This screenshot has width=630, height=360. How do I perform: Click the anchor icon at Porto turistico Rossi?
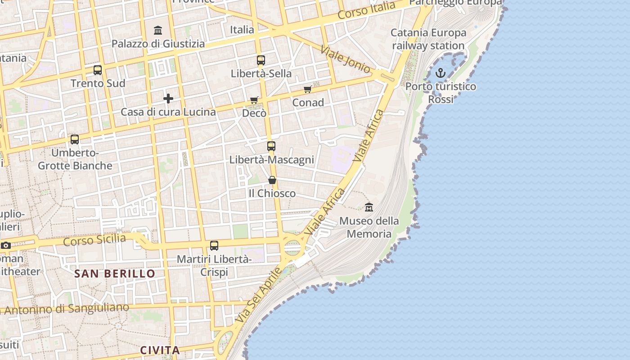point(441,72)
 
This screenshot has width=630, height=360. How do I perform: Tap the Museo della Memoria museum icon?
point(369,207)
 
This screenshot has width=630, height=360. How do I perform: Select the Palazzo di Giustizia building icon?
point(158,31)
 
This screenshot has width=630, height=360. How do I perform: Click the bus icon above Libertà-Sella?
point(261,60)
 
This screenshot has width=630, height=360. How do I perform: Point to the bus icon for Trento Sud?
point(98,70)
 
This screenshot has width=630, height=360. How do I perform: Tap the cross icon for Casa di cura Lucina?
point(168,99)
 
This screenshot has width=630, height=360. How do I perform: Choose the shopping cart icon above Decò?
point(254,100)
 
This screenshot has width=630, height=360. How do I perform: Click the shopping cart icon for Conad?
point(308,90)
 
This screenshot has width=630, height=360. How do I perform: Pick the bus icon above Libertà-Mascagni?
point(271,146)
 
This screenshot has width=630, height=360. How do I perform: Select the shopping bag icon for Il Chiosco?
point(272,180)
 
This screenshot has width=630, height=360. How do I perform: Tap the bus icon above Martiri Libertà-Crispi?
point(214,246)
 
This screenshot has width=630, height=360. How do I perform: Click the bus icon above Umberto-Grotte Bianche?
point(75,139)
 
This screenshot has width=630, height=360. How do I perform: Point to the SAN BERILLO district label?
point(115,274)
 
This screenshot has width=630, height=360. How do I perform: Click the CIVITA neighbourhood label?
point(160,350)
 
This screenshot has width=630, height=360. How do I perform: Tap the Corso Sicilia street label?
point(94,239)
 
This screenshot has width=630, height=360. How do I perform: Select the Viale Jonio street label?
point(346,59)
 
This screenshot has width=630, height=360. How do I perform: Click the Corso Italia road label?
point(366,10)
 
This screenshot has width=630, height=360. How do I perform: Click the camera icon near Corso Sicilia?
point(5,246)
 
